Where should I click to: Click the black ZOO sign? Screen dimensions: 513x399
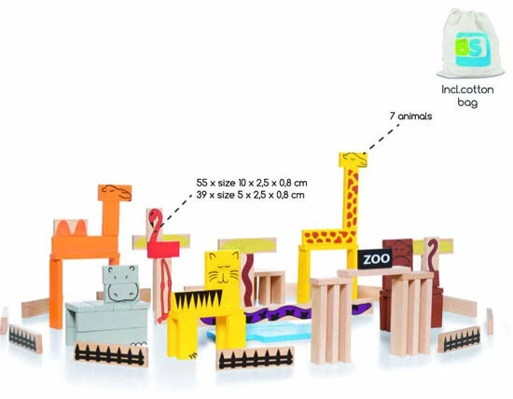pyautogui.click(x=375, y=259)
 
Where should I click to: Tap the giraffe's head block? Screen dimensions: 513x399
pyautogui.click(x=353, y=159)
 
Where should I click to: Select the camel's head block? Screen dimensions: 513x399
pyautogui.click(x=115, y=193)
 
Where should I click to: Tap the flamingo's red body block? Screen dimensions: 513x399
pyautogui.click(x=163, y=250)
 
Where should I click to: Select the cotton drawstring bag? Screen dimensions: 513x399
pyautogui.click(x=470, y=43)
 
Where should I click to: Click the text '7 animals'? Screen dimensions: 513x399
pyautogui.click(x=410, y=117)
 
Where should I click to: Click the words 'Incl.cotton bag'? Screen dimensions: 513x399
pyautogui.click(x=467, y=95)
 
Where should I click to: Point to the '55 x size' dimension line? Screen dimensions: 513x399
pyautogui.click(x=252, y=183)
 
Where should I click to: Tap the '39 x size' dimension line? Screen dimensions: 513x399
pyautogui.click(x=250, y=195)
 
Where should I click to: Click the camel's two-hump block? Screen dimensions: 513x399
pyautogui.click(x=70, y=228)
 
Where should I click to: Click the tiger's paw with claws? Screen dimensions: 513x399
pyautogui.click(x=194, y=354)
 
